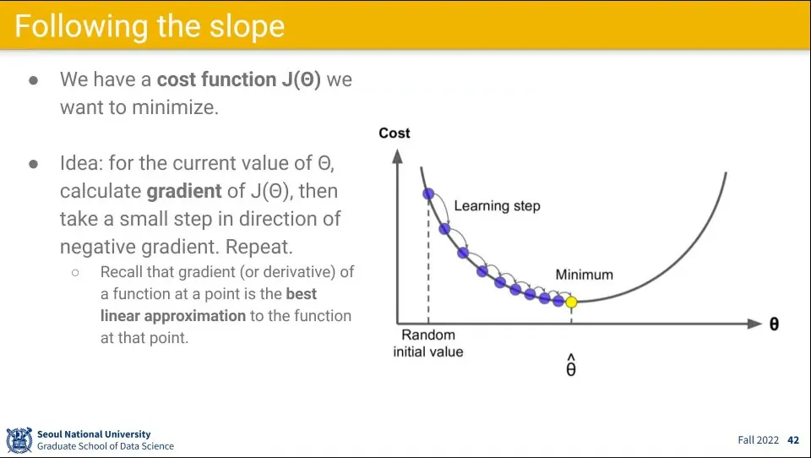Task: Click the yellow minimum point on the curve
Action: click(571, 303)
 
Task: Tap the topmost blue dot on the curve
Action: click(428, 194)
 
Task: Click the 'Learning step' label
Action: click(497, 206)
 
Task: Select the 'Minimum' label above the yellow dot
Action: click(584, 275)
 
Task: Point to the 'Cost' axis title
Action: click(395, 133)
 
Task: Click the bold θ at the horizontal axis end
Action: click(774, 324)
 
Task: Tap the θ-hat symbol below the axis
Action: click(571, 365)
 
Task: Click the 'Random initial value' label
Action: click(428, 343)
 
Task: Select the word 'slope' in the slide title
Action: click(247, 26)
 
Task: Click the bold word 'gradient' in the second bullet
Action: click(184, 192)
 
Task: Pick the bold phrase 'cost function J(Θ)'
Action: click(239, 79)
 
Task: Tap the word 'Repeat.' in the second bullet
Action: click(259, 247)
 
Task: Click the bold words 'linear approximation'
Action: click(173, 316)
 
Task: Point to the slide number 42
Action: click(793, 440)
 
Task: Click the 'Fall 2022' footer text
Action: click(759, 440)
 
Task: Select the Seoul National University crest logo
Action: click(19, 440)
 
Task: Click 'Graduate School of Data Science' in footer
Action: click(106, 446)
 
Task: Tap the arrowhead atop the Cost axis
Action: click(397, 155)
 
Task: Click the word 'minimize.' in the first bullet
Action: click(176, 107)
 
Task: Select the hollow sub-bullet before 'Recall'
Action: click(75, 272)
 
